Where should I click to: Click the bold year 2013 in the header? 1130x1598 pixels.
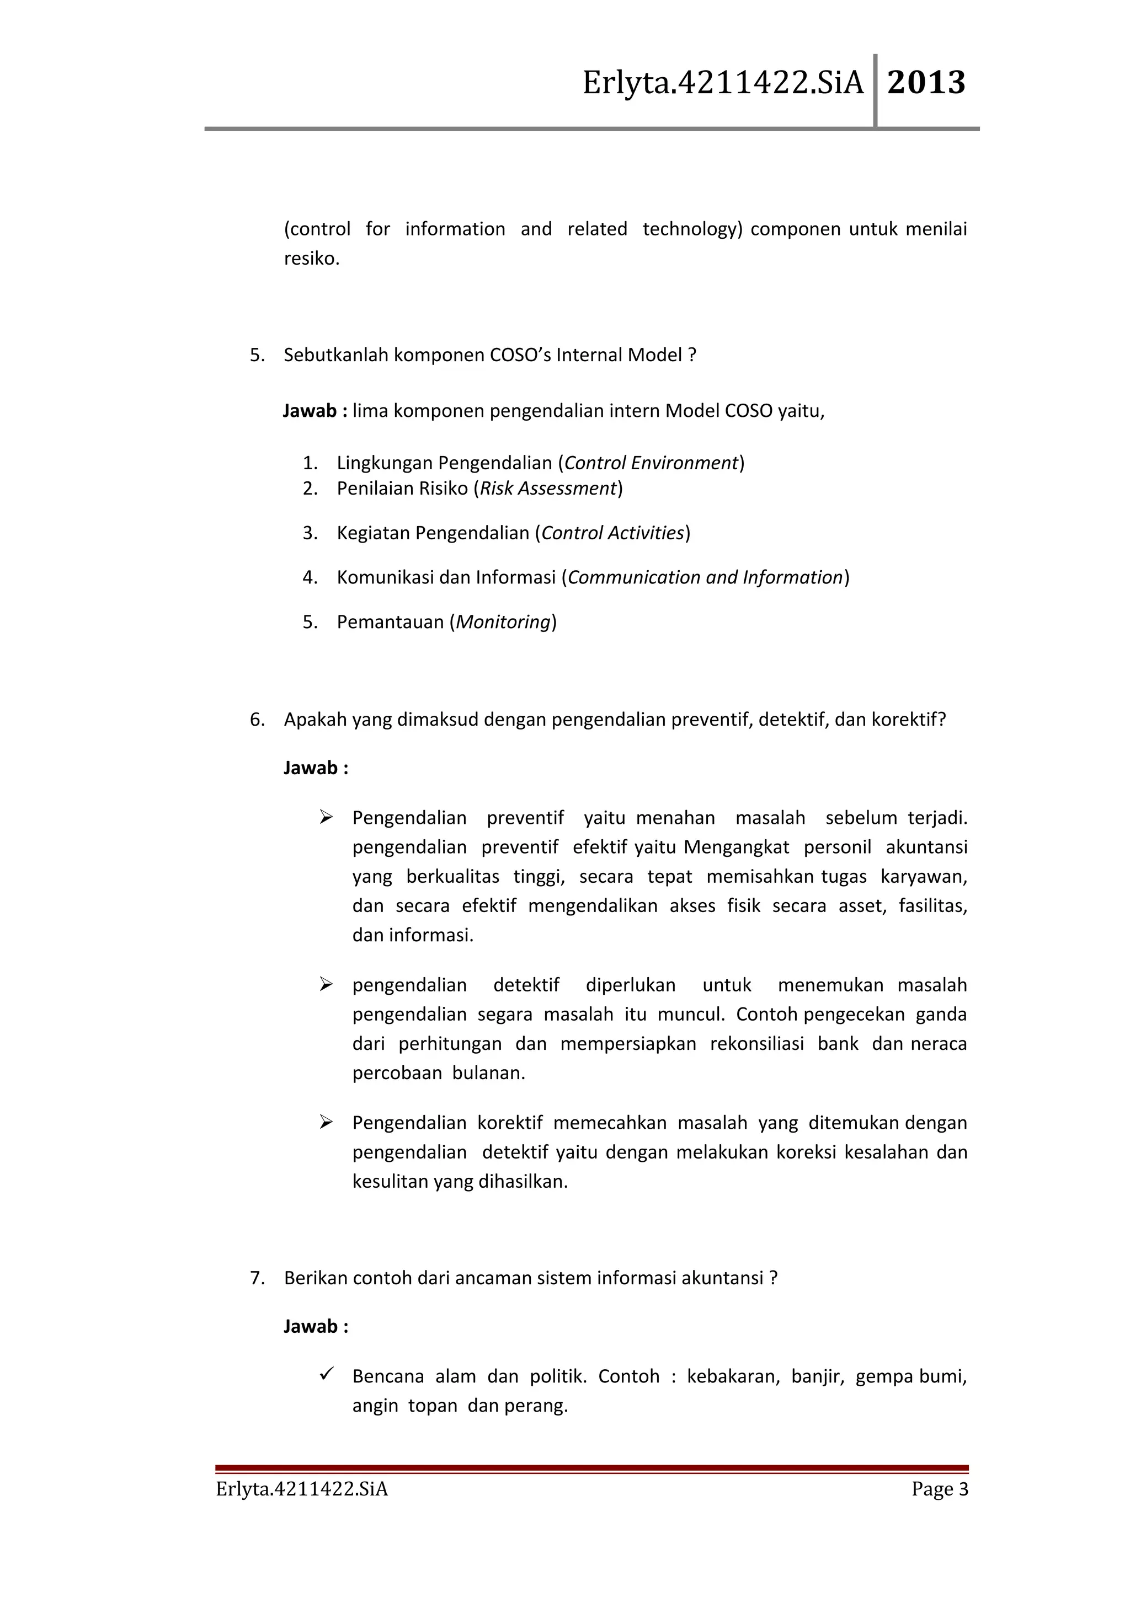tap(926, 83)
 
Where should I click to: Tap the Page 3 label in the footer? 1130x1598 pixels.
tap(939, 1489)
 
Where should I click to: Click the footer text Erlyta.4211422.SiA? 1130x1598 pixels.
tap(301, 1489)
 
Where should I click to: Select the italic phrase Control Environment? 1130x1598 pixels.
tap(651, 463)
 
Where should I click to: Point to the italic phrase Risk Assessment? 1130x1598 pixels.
tap(548, 489)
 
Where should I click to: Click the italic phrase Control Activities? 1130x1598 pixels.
tap(612, 533)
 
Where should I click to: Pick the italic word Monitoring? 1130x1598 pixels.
tap(503, 622)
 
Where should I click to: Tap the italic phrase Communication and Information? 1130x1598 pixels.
tap(705, 578)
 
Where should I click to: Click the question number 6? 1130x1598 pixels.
tap(257, 720)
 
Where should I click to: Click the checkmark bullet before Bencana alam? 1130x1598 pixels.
tap(327, 1374)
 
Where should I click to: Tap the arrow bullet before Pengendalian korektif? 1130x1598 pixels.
tap(326, 1122)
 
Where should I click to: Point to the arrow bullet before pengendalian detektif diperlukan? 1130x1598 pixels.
tap(326, 984)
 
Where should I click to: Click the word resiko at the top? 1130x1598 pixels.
tap(311, 259)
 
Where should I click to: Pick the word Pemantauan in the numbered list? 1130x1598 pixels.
tap(390, 622)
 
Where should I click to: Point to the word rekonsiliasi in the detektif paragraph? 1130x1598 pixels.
tap(757, 1044)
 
